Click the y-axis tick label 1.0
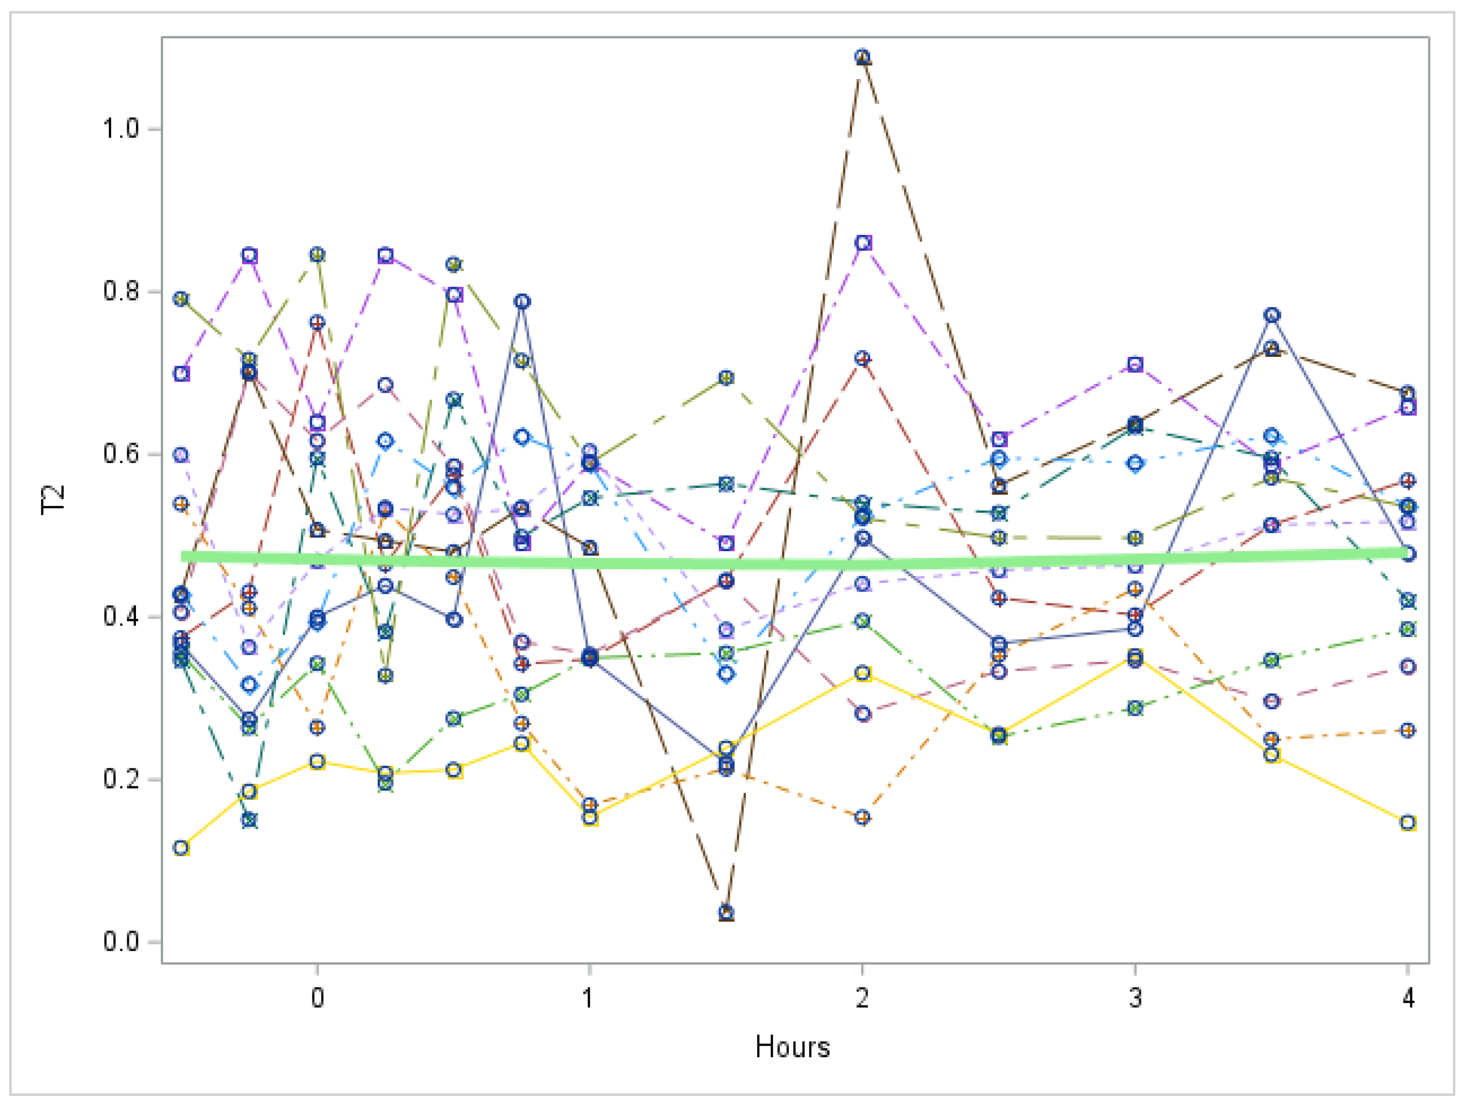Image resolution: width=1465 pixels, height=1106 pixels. point(120,129)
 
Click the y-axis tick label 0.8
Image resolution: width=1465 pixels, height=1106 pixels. point(120,291)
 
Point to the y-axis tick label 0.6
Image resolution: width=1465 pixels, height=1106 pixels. point(120,454)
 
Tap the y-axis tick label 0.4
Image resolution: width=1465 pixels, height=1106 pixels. point(120,616)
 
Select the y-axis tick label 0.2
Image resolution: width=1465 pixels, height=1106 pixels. point(120,779)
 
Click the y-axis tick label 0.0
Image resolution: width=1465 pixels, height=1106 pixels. point(120,942)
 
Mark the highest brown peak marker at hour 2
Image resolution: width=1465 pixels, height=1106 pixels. point(862,57)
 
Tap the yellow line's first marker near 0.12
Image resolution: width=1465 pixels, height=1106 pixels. point(181,848)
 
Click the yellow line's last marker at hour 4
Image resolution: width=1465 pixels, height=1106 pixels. point(1408,823)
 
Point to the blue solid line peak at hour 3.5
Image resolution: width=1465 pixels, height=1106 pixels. point(1272,315)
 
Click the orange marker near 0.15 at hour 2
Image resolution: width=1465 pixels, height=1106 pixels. point(862,817)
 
